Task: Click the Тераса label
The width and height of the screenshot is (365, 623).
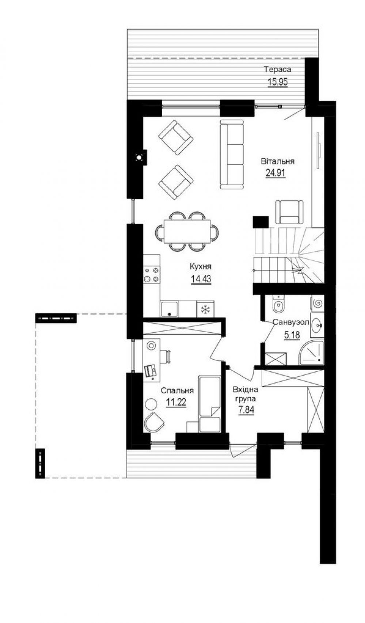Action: coord(278,69)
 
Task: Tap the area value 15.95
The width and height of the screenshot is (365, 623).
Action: coord(278,82)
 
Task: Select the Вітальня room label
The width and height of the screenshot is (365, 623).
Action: coord(278,161)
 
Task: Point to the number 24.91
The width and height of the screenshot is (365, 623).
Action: coord(275,173)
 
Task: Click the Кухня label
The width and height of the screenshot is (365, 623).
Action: coord(201,266)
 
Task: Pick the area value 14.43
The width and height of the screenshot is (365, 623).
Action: coord(201,279)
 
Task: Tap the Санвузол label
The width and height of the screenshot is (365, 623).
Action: coord(291,322)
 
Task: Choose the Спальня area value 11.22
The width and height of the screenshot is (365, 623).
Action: coord(176,402)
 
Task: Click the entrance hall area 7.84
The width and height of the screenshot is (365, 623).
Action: coord(246,410)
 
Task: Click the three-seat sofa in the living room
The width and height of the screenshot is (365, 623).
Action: coord(232,154)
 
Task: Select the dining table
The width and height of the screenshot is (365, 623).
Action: coord(187,231)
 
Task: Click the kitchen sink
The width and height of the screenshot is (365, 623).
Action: coord(170,309)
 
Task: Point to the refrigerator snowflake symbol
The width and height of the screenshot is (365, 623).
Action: coord(205,310)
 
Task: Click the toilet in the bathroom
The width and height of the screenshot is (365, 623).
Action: coord(278,304)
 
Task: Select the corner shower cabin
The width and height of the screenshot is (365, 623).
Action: coord(312,353)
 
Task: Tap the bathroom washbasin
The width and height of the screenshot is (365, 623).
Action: coord(317,325)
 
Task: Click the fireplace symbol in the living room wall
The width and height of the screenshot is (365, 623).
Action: coord(139,158)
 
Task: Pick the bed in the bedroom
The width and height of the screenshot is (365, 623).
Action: coord(210,404)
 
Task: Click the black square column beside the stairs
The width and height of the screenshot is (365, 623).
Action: coord(261,222)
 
